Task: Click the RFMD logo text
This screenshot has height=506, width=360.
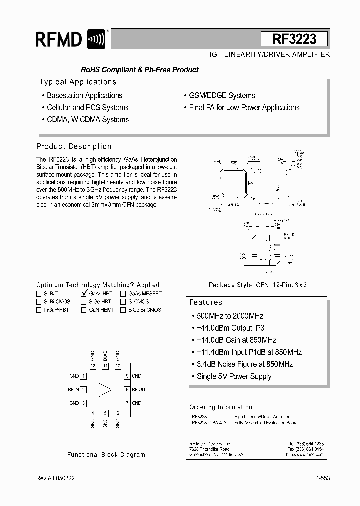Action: pyautogui.click(x=59, y=40)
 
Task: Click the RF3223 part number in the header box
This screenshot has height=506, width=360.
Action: pyautogui.click(x=294, y=39)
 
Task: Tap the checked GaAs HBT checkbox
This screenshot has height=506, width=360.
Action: pyautogui.click(x=84, y=294)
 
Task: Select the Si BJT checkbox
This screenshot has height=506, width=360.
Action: pyautogui.click(x=39, y=294)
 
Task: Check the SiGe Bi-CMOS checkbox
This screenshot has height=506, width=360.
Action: pyautogui.click(x=123, y=310)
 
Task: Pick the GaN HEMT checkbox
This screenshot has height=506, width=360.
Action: pyautogui.click(x=84, y=310)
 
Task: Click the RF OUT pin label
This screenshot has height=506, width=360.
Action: pyautogui.click(x=140, y=389)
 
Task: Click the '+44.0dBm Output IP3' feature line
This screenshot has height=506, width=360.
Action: pyautogui.click(x=227, y=328)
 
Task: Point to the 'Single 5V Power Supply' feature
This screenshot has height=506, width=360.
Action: pyautogui.click(x=231, y=376)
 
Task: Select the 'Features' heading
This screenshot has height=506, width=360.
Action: pyautogui.click(x=206, y=302)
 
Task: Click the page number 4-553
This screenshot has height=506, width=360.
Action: pyautogui.click(x=322, y=478)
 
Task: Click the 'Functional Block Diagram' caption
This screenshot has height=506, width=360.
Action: pyautogui.click(x=106, y=455)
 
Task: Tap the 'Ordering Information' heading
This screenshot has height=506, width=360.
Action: pyautogui.click(x=221, y=407)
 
